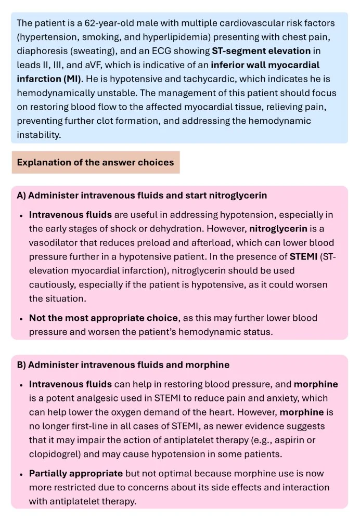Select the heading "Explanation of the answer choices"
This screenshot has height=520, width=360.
[x=95, y=162]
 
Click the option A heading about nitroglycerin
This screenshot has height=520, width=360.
[x=142, y=196]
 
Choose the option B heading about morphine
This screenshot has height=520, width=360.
[x=123, y=365]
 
